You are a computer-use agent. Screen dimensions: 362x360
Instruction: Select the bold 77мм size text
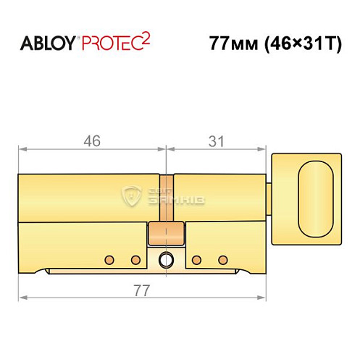[226, 43]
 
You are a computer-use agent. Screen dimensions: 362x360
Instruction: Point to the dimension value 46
[89, 140]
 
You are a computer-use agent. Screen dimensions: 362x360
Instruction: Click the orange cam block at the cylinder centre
[165, 234]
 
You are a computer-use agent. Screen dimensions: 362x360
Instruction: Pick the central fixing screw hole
[166, 258]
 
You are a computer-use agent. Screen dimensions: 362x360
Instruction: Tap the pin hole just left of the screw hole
[135, 258]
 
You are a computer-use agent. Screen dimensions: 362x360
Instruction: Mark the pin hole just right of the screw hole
[196, 258]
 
